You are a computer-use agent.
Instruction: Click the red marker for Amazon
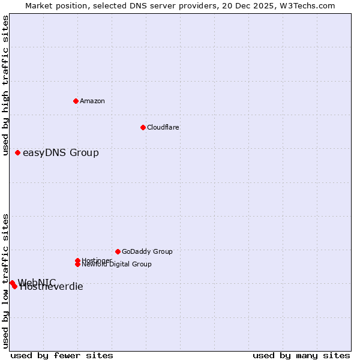[76, 101]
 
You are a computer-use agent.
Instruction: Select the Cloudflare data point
[143, 127]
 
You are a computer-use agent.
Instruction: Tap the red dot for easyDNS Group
[17, 152]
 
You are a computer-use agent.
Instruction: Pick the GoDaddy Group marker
[118, 251]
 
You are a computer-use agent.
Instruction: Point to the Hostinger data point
[77, 260]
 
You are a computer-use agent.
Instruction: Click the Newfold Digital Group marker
[77, 264]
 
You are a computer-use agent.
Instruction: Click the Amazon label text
[92, 101]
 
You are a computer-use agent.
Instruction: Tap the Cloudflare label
[163, 127]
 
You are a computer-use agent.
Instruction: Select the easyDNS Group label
[61, 152]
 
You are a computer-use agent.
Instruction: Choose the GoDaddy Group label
[147, 251]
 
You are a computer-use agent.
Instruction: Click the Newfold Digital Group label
[117, 265]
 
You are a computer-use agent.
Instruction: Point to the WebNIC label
[37, 282]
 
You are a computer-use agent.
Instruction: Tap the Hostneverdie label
[52, 287]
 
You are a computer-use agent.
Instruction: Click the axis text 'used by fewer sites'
[62, 355]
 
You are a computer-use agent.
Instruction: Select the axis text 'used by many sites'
[301, 355]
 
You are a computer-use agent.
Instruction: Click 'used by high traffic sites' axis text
[6, 85]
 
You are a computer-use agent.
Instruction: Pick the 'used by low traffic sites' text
[6, 281]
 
